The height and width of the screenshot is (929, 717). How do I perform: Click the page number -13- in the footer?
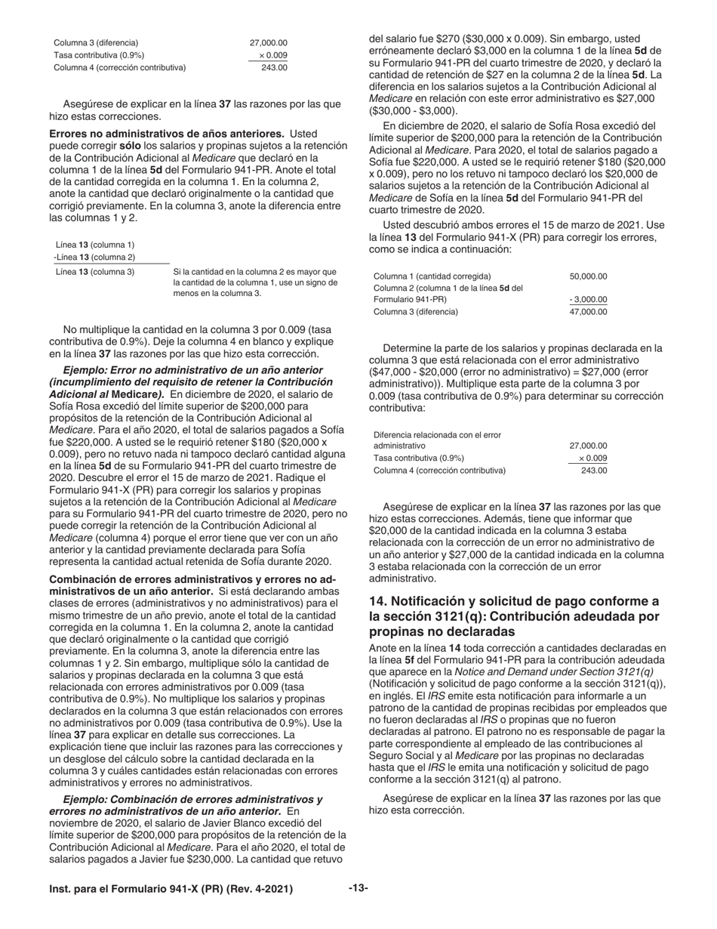358,888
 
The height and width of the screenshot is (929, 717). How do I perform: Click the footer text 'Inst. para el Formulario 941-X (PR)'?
151,889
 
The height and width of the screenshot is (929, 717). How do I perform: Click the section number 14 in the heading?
377,601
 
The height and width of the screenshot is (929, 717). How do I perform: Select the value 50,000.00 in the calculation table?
588,276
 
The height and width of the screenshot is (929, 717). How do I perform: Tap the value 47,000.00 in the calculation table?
588,311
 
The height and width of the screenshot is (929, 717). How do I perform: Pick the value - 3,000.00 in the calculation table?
588,299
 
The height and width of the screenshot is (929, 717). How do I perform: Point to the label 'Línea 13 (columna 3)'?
95,272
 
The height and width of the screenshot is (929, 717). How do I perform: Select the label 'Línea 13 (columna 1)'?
95,245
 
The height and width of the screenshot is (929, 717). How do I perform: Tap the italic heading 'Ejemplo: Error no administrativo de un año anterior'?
192,370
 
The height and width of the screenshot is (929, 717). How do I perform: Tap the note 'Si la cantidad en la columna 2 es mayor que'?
254,272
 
